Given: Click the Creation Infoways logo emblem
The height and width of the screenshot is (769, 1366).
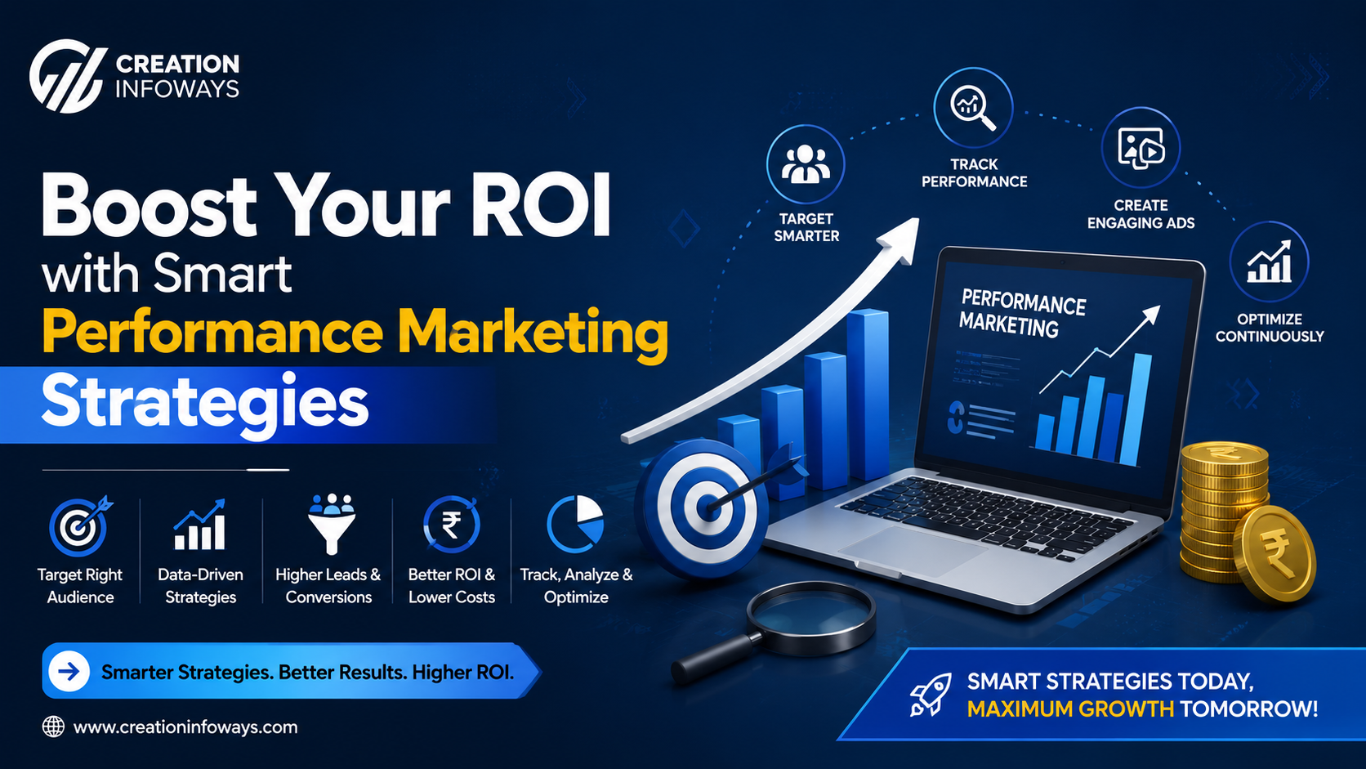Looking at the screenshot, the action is click(x=67, y=76).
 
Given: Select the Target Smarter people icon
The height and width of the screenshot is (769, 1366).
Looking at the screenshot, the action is click(x=806, y=164).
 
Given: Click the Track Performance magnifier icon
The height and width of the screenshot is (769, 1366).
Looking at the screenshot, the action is click(x=973, y=107).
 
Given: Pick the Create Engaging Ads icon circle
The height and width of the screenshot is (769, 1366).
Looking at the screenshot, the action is click(x=1141, y=148).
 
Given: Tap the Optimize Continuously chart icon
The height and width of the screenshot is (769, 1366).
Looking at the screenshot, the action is click(x=1269, y=262).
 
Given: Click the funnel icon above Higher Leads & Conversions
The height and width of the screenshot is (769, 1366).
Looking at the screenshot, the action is click(x=331, y=524).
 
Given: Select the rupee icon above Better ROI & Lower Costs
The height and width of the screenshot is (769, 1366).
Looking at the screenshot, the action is click(x=451, y=525).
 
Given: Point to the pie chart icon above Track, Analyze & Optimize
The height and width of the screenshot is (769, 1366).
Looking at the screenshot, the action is click(x=575, y=524).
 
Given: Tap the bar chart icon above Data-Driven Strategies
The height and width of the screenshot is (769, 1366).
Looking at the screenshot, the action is click(x=199, y=525).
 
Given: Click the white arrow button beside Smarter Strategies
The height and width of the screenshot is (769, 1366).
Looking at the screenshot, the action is click(x=69, y=672).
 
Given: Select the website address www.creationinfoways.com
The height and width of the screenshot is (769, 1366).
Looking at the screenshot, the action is click(x=185, y=727).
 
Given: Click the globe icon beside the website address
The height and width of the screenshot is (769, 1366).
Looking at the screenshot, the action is click(x=53, y=727).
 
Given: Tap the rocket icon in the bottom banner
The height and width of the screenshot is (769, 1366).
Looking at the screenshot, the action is click(x=930, y=695).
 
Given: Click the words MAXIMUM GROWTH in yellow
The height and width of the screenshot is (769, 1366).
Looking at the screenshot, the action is click(x=1070, y=709).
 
